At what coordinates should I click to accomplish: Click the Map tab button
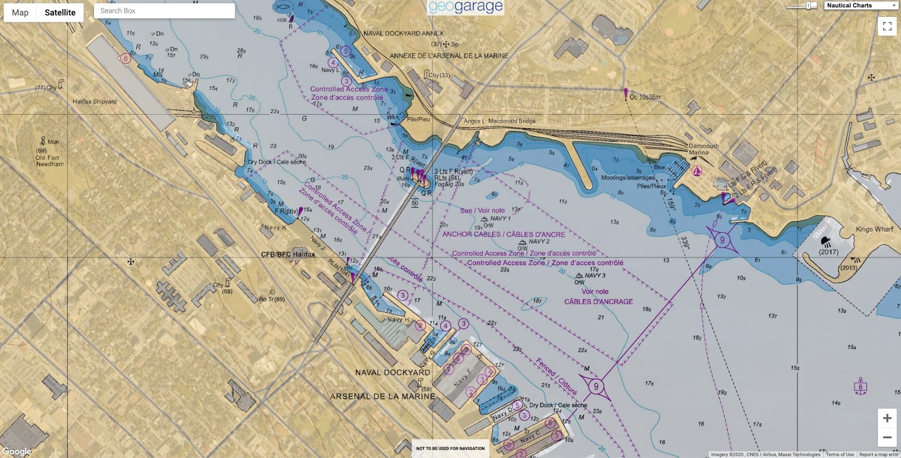pos(20,12)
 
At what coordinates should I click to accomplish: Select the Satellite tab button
pos(60,12)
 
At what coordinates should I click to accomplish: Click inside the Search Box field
pos(164,11)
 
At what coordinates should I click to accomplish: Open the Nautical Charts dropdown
pos(862,6)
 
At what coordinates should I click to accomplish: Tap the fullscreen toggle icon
pos(887,26)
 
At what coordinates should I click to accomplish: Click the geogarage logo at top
pos(466,7)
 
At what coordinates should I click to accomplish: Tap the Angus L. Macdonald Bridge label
pos(499,121)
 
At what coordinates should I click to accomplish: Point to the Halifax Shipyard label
pos(95,102)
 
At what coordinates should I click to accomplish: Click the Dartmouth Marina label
pos(703,149)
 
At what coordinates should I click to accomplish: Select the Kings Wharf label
pos(874,229)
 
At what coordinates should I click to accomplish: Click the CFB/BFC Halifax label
pos(288,254)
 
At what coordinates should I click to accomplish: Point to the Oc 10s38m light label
pos(645,97)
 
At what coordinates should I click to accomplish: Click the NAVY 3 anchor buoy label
pos(595,276)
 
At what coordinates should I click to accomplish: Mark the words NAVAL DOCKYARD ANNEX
pos(403,33)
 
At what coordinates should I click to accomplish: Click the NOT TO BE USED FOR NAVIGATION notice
pos(450,448)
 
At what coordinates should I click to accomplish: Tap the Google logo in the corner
pos(17,451)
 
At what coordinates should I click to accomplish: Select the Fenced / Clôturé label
pos(556,376)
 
